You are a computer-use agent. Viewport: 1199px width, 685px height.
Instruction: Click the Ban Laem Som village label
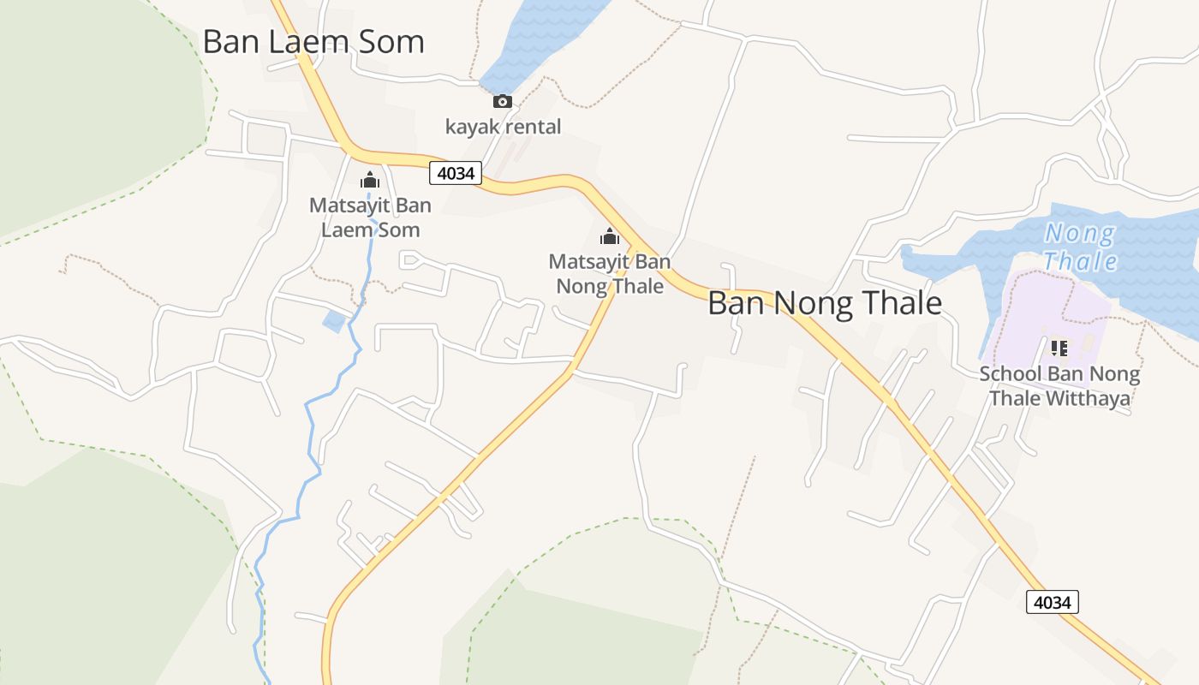pos(313,42)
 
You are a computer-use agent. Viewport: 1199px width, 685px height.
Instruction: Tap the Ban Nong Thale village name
pos(825,304)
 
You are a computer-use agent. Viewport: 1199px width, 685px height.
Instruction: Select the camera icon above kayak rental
pos(503,102)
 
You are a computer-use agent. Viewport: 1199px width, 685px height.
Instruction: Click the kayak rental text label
pos(503,127)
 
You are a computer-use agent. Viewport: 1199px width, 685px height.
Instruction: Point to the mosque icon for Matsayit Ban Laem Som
pos(370,181)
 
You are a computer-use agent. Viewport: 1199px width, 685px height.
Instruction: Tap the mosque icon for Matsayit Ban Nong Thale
pos(610,236)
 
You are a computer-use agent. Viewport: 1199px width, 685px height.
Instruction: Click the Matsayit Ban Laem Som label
pos(370,217)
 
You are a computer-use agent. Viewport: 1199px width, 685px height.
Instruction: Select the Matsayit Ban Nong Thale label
pos(610,273)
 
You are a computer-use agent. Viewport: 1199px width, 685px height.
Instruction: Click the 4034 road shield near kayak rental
pos(455,173)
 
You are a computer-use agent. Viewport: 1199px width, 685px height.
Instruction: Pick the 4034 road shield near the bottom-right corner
pos(1052,602)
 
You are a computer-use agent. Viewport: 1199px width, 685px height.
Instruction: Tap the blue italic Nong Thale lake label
pos(1081,246)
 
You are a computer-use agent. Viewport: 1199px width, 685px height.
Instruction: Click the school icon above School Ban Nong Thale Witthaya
pos(1059,348)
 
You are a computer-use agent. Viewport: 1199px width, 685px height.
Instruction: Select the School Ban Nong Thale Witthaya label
pos(1059,386)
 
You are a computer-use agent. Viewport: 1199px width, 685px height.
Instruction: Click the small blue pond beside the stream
pos(334,322)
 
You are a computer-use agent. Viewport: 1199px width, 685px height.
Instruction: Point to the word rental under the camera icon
pos(533,127)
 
